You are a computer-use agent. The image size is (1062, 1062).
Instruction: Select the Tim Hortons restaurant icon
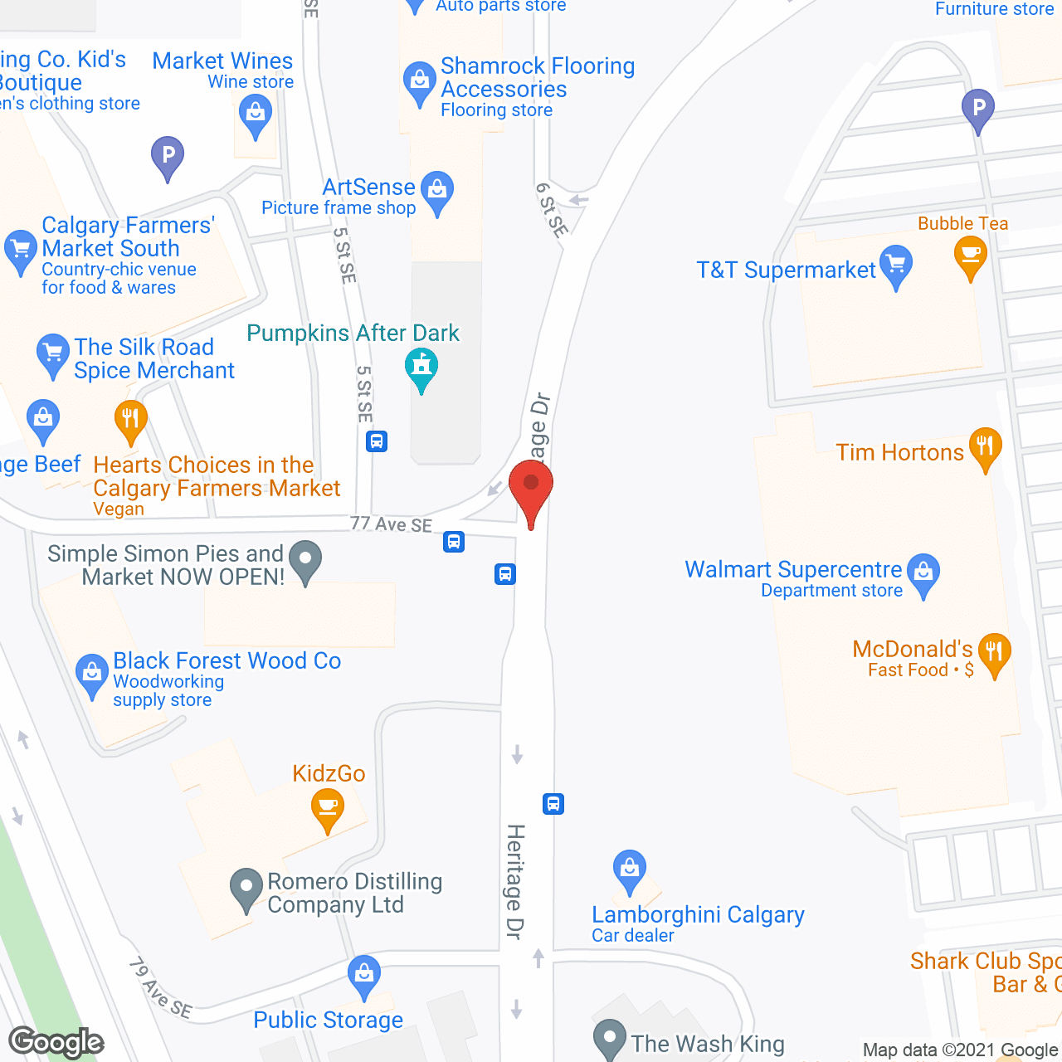985,447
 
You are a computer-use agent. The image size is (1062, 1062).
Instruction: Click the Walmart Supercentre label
792,570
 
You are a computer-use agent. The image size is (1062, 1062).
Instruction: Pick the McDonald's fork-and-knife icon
993,652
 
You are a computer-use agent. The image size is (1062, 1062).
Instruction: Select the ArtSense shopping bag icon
437,190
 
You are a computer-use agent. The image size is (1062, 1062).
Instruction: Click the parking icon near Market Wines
168,155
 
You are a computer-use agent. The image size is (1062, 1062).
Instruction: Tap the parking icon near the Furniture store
978,108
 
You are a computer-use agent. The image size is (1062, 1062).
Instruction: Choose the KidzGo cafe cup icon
328,807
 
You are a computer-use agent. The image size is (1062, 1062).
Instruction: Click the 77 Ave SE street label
391,524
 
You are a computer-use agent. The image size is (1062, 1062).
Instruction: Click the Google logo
56,1042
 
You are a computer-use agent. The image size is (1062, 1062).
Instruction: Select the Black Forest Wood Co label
227,661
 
